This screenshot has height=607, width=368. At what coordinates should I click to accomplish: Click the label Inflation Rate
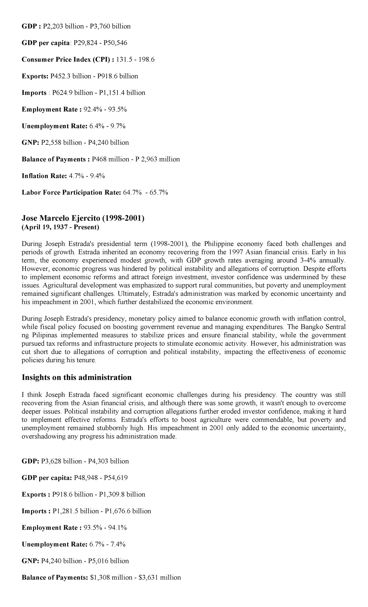click(x=44, y=176)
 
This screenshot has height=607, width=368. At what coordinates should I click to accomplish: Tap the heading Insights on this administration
click(x=77, y=378)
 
